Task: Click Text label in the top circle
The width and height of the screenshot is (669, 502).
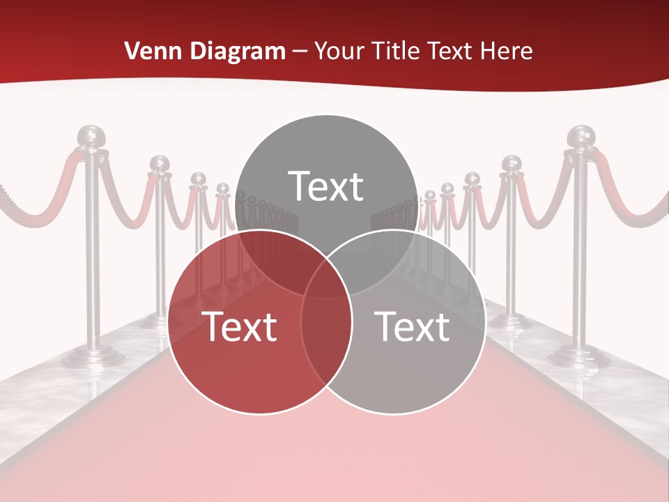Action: click(326, 186)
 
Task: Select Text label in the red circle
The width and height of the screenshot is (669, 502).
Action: click(239, 326)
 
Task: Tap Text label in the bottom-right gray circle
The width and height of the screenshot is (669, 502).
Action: click(413, 326)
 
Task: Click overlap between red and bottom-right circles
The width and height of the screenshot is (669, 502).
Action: click(326, 328)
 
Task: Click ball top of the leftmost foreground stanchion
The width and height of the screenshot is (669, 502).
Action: click(90, 137)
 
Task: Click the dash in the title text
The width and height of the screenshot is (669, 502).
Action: click(300, 51)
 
